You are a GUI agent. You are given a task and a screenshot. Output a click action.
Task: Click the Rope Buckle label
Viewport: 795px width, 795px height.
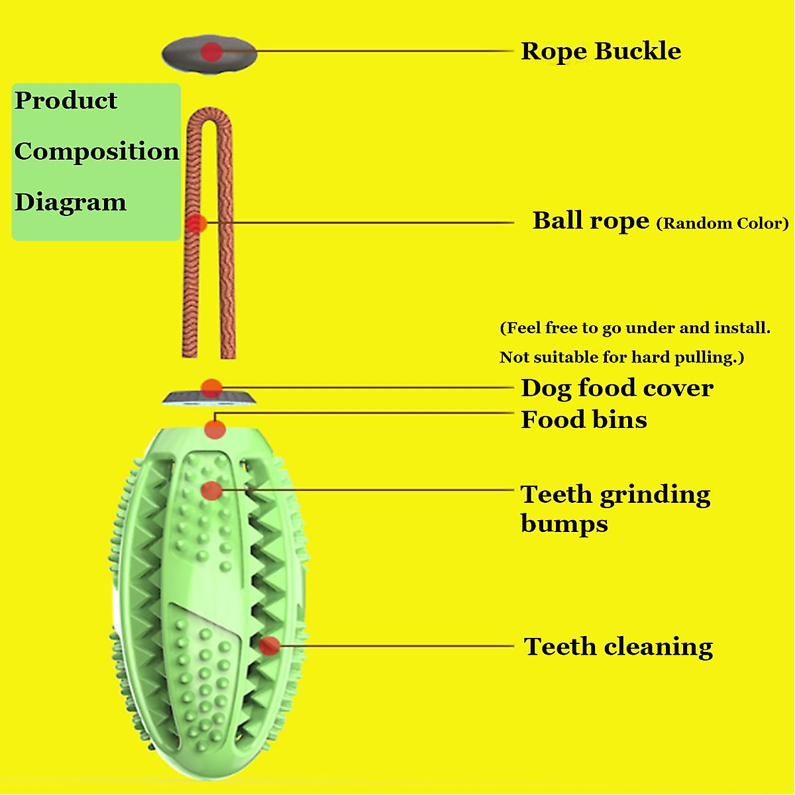600,51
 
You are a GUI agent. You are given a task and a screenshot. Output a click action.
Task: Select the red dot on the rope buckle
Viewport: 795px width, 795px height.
211,52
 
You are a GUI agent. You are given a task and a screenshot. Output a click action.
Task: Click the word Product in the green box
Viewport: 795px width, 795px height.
66,101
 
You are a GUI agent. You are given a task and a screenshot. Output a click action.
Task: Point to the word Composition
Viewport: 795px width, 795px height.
97,151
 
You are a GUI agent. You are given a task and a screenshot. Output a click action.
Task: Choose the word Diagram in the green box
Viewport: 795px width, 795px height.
70,202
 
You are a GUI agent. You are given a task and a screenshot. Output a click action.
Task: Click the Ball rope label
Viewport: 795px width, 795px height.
590,221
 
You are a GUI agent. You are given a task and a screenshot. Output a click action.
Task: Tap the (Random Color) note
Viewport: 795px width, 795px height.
722,223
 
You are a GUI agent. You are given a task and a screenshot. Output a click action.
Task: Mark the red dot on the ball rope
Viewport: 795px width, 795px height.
195,224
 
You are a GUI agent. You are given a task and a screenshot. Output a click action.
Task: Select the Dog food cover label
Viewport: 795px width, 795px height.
617,388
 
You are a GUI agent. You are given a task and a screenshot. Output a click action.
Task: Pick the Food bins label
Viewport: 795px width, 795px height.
584,420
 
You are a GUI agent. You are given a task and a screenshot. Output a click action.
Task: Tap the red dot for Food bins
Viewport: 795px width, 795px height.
215,429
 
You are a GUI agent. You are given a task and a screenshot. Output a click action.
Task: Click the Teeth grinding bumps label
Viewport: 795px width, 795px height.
615,508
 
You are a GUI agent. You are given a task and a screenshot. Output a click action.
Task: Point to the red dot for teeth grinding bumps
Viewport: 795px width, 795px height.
211,491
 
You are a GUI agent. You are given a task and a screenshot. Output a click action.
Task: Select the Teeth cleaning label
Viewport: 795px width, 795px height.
618,647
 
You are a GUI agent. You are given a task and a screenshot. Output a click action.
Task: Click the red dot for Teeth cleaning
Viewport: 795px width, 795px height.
269,645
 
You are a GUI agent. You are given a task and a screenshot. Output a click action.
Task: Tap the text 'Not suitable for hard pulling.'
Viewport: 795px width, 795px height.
621,358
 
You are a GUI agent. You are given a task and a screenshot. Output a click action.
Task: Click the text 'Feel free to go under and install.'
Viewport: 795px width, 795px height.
635,328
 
